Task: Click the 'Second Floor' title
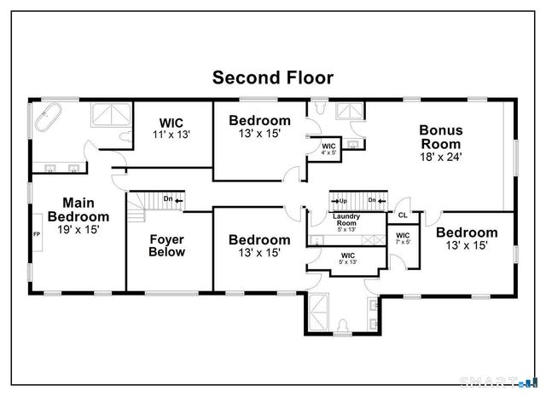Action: point(272,77)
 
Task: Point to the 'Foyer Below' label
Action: point(167,245)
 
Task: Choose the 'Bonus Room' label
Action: point(440,137)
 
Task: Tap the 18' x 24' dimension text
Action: point(440,158)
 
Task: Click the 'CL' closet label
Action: point(402,216)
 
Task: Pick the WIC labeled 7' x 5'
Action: point(403,238)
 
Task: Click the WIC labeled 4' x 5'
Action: point(328,150)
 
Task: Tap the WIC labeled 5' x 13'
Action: point(347,258)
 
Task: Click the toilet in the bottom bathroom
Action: point(342,326)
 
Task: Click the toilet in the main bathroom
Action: point(125,136)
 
